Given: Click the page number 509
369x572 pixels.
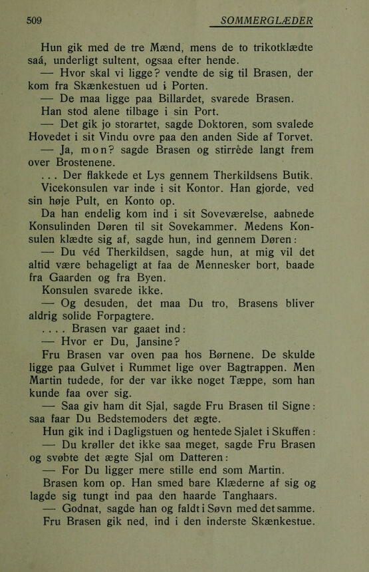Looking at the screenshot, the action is (34, 21).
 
